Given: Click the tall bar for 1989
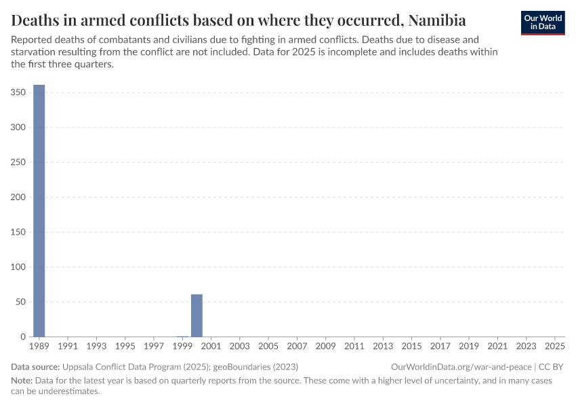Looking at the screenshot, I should click(x=39, y=210).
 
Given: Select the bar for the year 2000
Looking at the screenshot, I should click(x=197, y=315).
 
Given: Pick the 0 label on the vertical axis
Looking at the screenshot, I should click(x=22, y=337).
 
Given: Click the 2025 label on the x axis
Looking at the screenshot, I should click(x=555, y=347).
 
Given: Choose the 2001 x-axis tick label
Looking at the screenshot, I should click(x=211, y=347).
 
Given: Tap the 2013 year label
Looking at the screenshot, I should click(x=383, y=347).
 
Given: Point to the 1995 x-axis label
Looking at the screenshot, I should click(x=125, y=347).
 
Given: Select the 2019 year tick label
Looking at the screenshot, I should click(x=469, y=347).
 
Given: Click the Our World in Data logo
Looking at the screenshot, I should click(x=543, y=22).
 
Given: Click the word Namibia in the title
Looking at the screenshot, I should click(x=437, y=19).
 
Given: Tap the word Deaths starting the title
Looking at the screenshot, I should click(x=34, y=19).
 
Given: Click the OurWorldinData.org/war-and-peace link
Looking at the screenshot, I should click(x=461, y=366).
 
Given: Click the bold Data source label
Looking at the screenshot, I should click(x=35, y=366).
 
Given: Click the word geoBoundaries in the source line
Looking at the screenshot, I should click(x=232, y=366).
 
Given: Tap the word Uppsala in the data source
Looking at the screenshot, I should click(x=79, y=366).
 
